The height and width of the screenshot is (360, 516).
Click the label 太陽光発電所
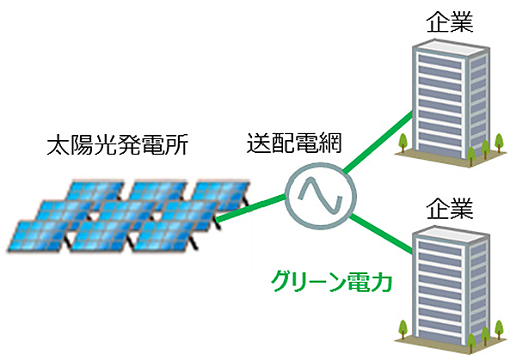point(116,145)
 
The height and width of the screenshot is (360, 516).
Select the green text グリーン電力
point(330,281)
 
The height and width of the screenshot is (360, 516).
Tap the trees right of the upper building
point(490,144)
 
